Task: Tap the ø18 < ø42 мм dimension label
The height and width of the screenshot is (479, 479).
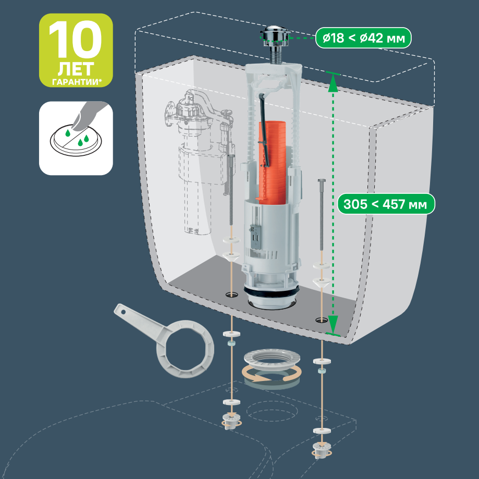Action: tap(363, 38)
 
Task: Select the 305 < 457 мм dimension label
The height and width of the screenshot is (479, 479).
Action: tap(386, 204)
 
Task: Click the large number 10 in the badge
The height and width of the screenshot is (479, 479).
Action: tap(76, 40)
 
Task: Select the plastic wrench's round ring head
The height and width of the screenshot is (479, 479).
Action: tap(186, 349)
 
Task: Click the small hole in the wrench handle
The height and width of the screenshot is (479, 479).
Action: tap(124, 312)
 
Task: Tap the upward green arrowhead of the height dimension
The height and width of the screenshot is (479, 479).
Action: tap(333, 84)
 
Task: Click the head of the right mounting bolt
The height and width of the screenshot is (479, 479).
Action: tap(322, 181)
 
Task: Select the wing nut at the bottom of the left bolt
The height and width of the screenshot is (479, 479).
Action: tap(231, 421)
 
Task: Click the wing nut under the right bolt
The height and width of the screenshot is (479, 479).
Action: tap(322, 450)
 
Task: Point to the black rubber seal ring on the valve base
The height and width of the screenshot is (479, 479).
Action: tap(271, 291)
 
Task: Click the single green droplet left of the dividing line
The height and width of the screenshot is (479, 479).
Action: tap(68, 133)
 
